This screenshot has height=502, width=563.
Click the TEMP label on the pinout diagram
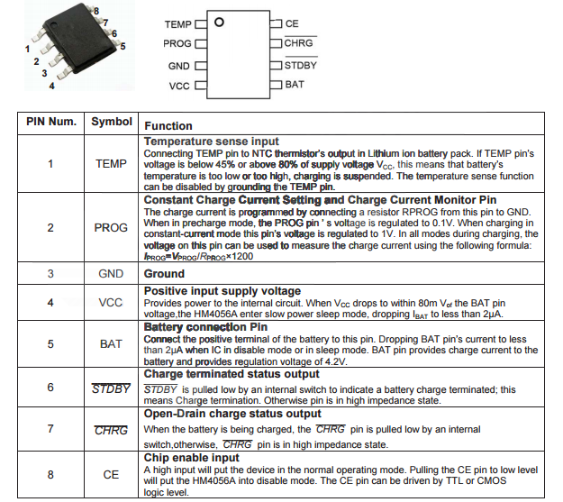tap(178, 23)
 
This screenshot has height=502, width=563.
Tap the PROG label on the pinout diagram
tap(177, 44)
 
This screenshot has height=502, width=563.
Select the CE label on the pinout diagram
tap(291, 23)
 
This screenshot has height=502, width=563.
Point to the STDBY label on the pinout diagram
tap(300, 65)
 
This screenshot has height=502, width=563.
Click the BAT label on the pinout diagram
tap(295, 85)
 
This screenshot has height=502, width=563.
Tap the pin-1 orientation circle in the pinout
tap(219, 22)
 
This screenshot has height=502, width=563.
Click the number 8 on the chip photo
tap(96, 8)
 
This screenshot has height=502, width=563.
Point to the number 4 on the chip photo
tap(51, 87)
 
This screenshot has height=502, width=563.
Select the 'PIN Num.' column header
tap(50, 122)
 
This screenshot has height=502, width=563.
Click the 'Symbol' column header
tap(112, 122)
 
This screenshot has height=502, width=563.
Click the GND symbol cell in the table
tap(112, 273)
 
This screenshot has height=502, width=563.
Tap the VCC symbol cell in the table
tap(112, 303)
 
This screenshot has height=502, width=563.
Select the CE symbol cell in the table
tap(112, 473)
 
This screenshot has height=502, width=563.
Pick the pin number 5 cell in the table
tap(50, 343)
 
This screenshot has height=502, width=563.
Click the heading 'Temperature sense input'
tap(211, 141)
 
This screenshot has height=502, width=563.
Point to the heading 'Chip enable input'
tap(192, 458)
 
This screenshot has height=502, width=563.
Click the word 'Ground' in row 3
tap(164, 273)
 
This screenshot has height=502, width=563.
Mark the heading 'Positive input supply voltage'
tap(222, 291)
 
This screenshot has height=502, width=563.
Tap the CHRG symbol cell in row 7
tap(112, 430)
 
